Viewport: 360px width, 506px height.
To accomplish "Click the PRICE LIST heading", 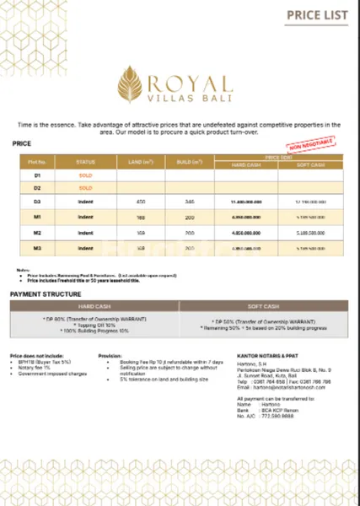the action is click(x=315, y=14).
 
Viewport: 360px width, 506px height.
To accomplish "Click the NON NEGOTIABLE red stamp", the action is click(x=304, y=148).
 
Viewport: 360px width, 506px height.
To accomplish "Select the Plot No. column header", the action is click(x=37, y=160).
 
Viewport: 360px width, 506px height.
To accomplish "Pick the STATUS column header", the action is click(x=86, y=160).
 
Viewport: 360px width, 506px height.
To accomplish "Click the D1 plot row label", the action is click(x=37, y=175).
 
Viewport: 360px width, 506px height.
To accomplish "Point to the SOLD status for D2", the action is click(x=86, y=187).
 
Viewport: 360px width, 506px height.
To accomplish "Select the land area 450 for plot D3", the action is click(x=142, y=202).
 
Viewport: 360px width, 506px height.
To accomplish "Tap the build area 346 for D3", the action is click(x=190, y=202).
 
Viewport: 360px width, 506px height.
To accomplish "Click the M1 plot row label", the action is click(x=37, y=217).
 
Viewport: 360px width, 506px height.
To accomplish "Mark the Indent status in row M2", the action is click(x=86, y=232).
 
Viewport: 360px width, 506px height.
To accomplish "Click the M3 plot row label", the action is click(x=37, y=248).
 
